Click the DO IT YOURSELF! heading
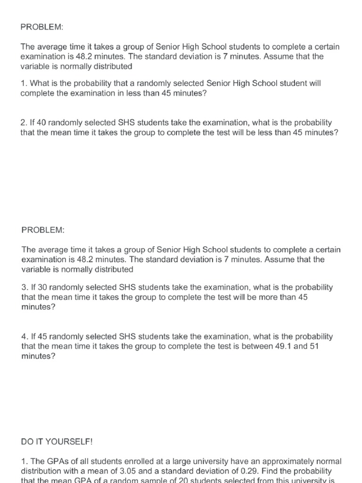point(57,442)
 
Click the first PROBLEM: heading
point(42,27)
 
